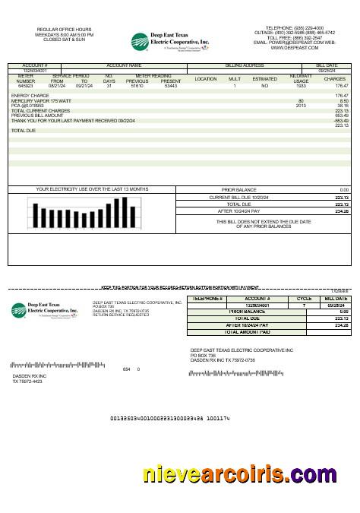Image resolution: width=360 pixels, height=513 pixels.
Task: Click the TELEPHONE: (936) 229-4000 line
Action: (x=292, y=27)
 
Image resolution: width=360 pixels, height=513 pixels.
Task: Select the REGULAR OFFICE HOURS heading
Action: (x=64, y=30)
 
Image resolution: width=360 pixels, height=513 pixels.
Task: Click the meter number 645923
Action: (x=26, y=86)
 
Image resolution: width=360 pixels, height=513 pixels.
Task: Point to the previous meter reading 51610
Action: (x=137, y=86)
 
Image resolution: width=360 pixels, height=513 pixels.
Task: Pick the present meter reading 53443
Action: (x=171, y=86)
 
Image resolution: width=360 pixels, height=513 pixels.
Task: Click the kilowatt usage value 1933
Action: (x=301, y=86)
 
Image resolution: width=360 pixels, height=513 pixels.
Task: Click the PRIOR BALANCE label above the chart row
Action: (x=239, y=189)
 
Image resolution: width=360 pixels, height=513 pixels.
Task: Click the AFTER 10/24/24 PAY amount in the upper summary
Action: (x=341, y=211)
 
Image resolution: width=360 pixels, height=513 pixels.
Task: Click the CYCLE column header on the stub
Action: (x=304, y=299)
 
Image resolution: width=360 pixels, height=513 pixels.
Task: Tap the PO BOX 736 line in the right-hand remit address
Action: (x=203, y=355)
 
